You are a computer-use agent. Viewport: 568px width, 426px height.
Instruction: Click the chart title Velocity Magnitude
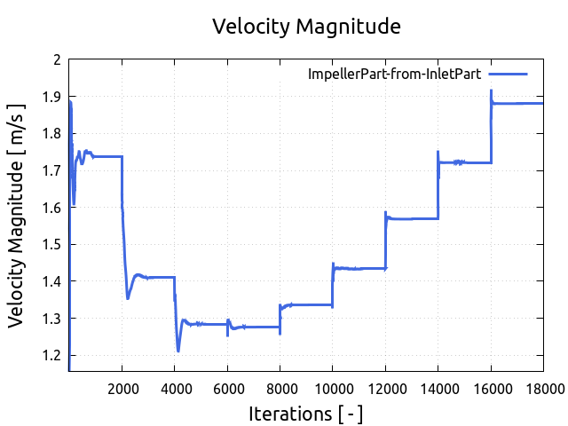(306, 27)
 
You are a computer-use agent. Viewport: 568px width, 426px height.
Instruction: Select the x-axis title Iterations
(306, 414)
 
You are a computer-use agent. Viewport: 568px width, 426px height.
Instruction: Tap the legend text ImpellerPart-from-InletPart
(394, 74)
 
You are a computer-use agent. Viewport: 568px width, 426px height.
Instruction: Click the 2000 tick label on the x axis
(122, 387)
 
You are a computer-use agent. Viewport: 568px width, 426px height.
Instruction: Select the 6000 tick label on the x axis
(227, 387)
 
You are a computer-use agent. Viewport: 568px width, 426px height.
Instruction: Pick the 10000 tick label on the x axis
(332, 387)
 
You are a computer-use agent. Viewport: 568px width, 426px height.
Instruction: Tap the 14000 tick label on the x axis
(438, 387)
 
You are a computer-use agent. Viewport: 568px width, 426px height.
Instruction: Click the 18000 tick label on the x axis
(542, 387)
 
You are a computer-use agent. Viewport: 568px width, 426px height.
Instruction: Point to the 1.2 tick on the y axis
(53, 355)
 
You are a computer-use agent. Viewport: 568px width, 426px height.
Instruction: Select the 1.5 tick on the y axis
(53, 244)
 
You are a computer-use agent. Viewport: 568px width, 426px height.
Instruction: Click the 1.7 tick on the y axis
(53, 170)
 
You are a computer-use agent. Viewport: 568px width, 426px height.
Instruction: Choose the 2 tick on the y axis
(59, 59)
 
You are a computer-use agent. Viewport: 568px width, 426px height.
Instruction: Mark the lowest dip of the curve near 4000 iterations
(178, 351)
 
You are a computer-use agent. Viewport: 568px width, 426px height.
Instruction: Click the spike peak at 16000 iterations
(491, 90)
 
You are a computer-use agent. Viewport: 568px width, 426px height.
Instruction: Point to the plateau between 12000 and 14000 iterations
(412, 218)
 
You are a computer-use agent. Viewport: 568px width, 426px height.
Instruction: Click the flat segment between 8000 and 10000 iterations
(306, 304)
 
